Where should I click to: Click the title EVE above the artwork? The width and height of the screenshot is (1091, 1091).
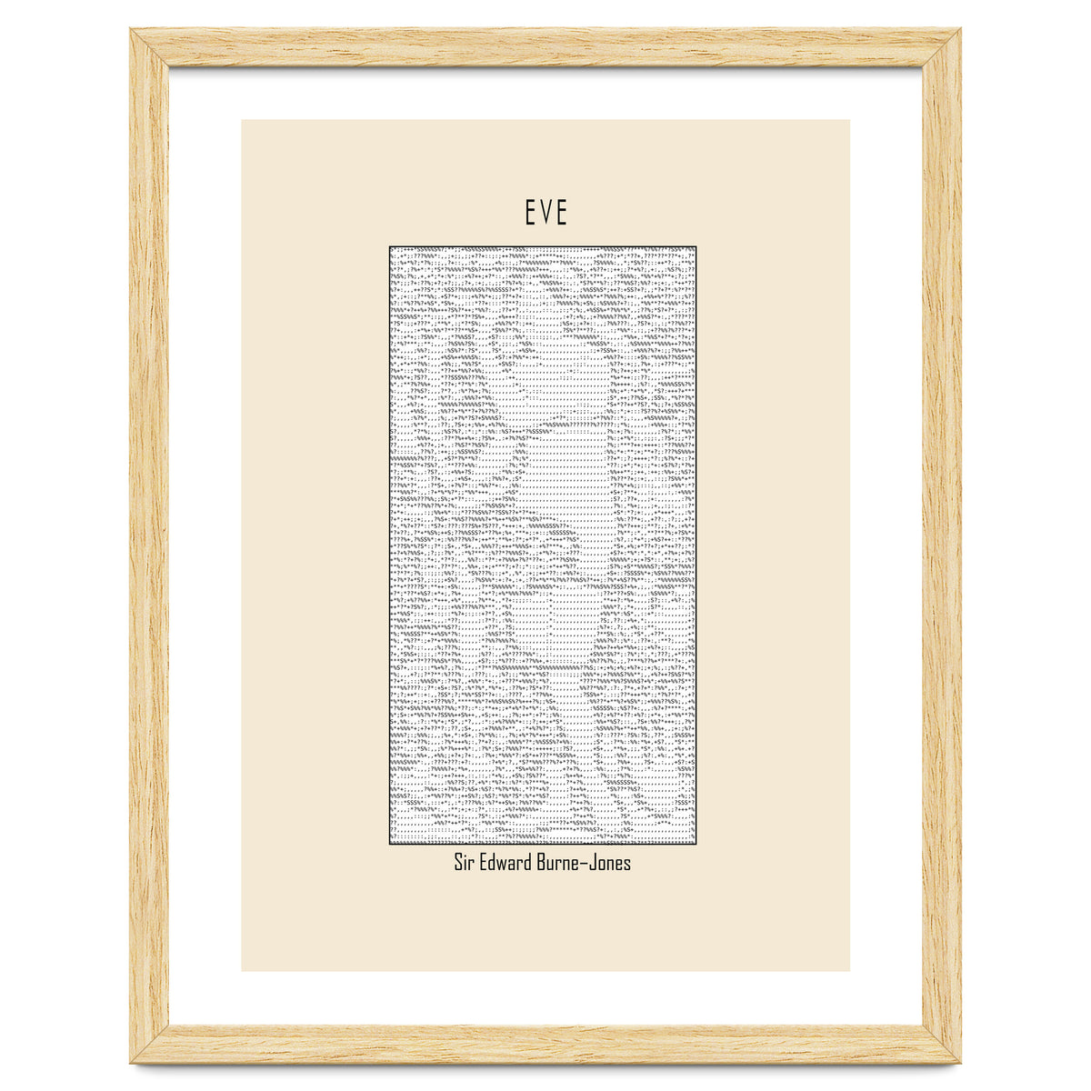(x=545, y=213)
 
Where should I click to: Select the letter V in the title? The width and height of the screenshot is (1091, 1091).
(x=545, y=213)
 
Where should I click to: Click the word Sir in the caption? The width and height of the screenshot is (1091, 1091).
(x=464, y=862)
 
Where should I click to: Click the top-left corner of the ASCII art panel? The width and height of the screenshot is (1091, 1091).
(x=390, y=246)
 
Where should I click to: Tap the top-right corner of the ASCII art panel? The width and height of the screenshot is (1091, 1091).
(x=696, y=246)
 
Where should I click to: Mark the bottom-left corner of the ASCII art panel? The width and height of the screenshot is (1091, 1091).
(x=390, y=845)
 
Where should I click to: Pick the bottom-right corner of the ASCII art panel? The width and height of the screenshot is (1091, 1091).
(x=696, y=845)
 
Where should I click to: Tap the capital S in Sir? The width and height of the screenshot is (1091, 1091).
(x=458, y=862)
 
